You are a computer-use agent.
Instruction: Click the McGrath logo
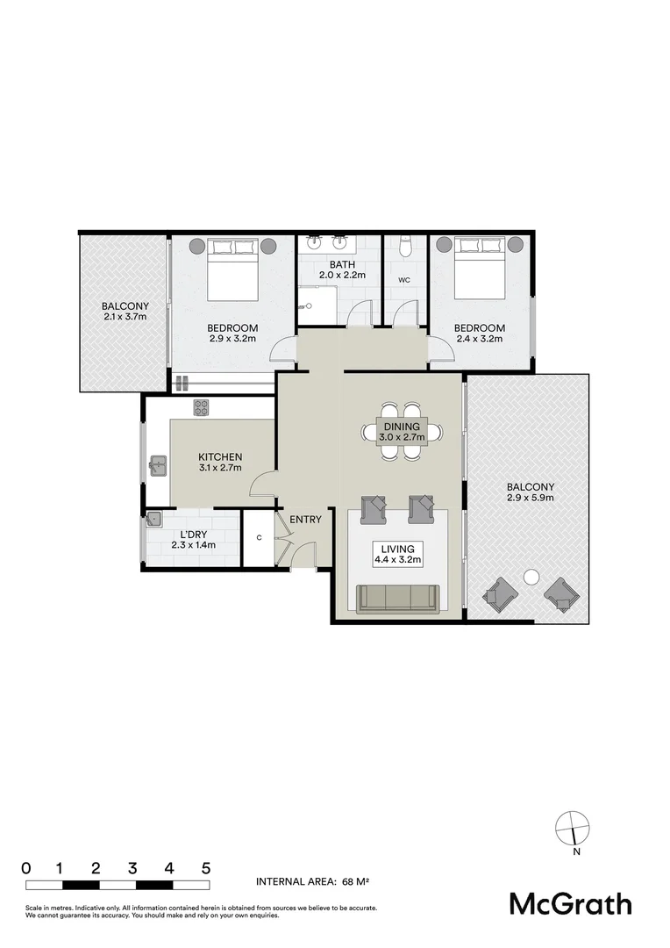click(571, 903)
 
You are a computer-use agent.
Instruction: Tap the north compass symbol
click(571, 828)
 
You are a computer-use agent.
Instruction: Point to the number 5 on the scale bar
click(206, 868)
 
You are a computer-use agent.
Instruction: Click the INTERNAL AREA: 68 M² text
click(309, 881)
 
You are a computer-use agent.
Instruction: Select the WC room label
click(405, 280)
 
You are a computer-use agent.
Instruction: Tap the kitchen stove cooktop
click(201, 407)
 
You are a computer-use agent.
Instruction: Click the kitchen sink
click(159, 465)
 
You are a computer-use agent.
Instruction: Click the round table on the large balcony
click(531, 577)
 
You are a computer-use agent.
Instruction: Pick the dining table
click(402, 431)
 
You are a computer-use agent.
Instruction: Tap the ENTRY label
click(306, 520)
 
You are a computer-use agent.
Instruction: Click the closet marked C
click(259, 538)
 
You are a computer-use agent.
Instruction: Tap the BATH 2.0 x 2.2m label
click(340, 269)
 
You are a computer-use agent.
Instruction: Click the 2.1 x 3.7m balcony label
click(124, 311)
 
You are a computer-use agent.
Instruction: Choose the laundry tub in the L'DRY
click(155, 518)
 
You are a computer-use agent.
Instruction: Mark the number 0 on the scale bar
click(26, 868)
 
